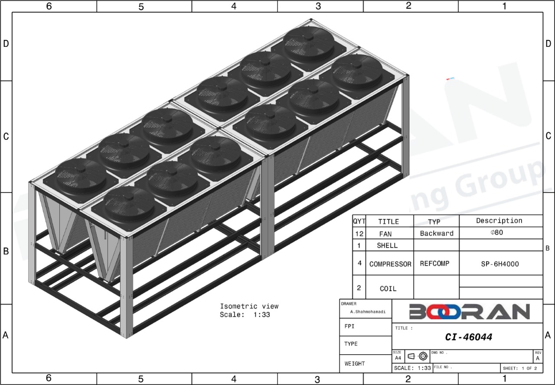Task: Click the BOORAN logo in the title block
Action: point(469,311)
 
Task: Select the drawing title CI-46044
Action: point(469,337)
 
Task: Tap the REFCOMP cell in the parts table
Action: point(434,263)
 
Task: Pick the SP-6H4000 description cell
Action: point(500,264)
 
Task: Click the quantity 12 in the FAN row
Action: point(359,234)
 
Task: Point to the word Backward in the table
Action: point(437,233)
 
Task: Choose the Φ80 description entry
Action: point(497,233)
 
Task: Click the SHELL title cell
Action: point(387,246)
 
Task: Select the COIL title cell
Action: point(388,288)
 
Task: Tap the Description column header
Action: point(499,221)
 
